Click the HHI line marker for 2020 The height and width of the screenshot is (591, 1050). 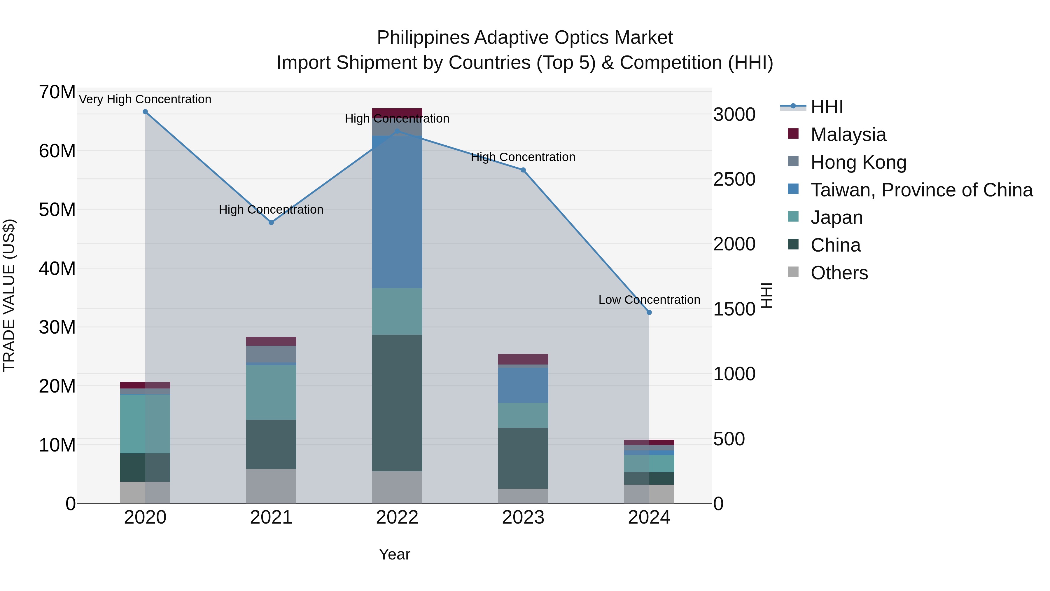[x=145, y=112]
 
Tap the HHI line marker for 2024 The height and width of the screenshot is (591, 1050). [x=649, y=312]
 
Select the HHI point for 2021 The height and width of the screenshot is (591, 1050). [x=271, y=223]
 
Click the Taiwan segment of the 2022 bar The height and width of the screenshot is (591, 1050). [x=397, y=212]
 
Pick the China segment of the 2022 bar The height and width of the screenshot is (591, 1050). [x=397, y=403]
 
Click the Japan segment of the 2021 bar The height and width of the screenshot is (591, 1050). [x=271, y=392]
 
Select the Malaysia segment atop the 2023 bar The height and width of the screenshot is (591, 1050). [x=523, y=359]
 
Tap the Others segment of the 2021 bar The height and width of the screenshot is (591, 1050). [x=271, y=486]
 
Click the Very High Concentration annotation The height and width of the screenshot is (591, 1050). [x=145, y=100]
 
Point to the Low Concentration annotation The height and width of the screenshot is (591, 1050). [x=649, y=300]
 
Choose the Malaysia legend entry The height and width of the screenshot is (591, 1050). [x=848, y=135]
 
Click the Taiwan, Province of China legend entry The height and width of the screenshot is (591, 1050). [x=921, y=190]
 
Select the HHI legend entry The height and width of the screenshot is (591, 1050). [x=827, y=107]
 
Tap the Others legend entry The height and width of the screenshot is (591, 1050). [x=839, y=273]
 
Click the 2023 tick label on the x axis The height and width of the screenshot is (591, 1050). [x=523, y=517]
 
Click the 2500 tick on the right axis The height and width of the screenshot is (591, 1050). [x=734, y=179]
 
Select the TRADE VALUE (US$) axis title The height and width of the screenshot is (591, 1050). [x=9, y=295]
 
